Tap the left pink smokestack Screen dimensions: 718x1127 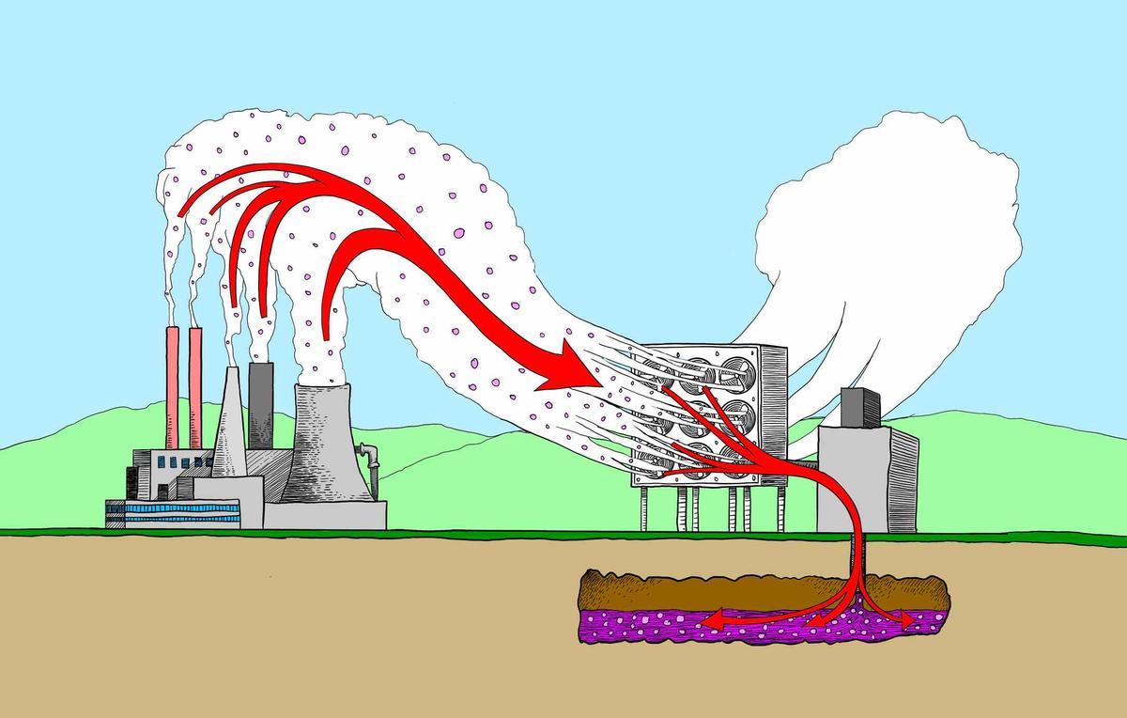click(x=174, y=385)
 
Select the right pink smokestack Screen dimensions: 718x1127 click(x=195, y=385)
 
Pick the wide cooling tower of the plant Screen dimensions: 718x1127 click(x=325, y=442)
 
